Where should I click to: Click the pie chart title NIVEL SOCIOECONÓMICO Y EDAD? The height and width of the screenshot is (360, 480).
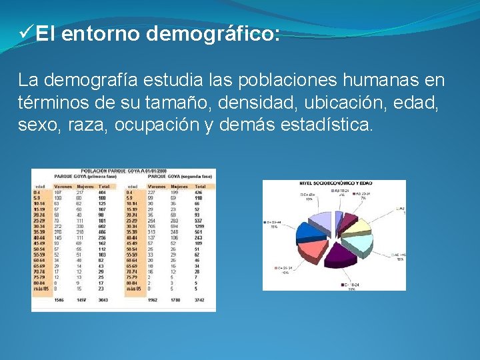point(336,183)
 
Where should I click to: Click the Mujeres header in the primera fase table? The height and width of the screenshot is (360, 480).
point(85,186)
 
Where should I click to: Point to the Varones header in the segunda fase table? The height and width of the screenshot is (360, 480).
point(157,186)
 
